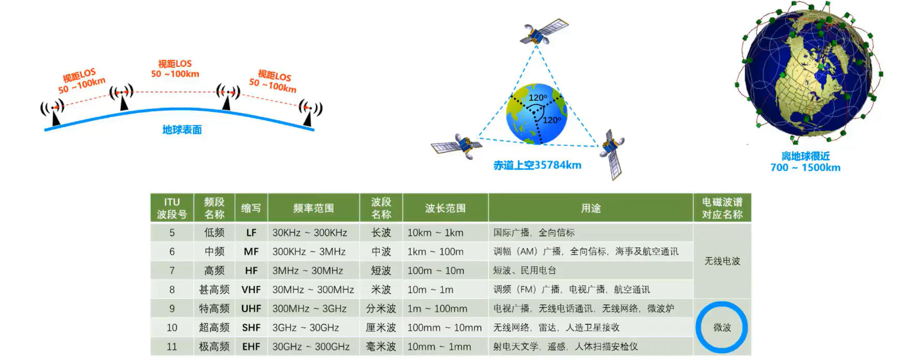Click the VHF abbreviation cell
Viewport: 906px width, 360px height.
[251, 290]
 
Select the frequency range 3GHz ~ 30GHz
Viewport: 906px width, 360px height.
[305, 328]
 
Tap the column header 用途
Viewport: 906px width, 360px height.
[590, 208]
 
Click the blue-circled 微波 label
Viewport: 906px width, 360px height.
[722, 327]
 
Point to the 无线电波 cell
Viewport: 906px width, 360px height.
[722, 261]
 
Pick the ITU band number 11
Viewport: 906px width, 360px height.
[172, 347]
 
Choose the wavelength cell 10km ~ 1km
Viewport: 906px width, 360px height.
[435, 233]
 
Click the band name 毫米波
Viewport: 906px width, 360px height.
[381, 347]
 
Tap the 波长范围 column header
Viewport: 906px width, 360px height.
[445, 208]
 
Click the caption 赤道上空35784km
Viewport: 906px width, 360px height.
[537, 166]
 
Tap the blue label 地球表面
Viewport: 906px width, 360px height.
[182, 130]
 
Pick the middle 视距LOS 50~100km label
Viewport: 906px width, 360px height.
[175, 69]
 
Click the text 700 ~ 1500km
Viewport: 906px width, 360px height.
[805, 168]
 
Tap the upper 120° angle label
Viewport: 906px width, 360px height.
[538, 98]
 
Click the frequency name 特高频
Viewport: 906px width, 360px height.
[214, 309]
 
